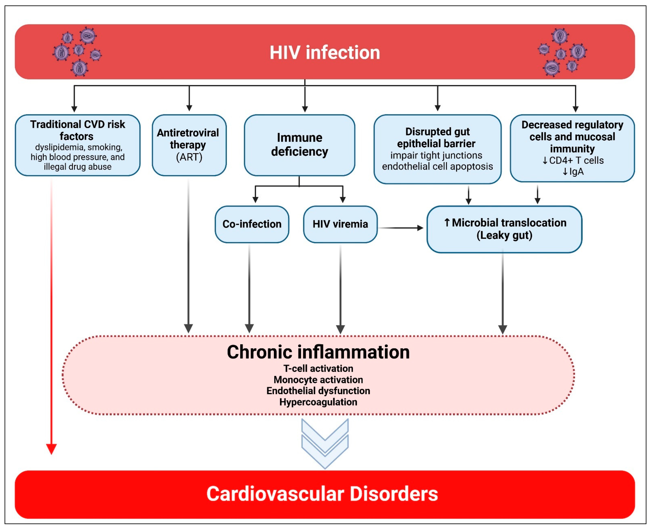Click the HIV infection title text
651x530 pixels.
coord(325,52)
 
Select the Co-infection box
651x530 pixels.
coord(252,224)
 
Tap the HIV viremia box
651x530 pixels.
coord(340,224)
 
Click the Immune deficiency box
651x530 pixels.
coord(300,145)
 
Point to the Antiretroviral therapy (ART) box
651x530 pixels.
coord(189,145)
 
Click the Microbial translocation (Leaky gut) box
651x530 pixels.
coord(504,229)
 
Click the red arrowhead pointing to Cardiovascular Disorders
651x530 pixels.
coord(51,449)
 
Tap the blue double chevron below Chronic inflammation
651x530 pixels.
coord(325,443)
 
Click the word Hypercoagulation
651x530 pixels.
coord(318,402)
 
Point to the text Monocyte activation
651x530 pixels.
coord(318,380)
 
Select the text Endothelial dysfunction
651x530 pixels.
coord(318,391)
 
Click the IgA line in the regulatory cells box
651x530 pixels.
coord(573,172)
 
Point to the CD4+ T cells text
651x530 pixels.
coord(573,160)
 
